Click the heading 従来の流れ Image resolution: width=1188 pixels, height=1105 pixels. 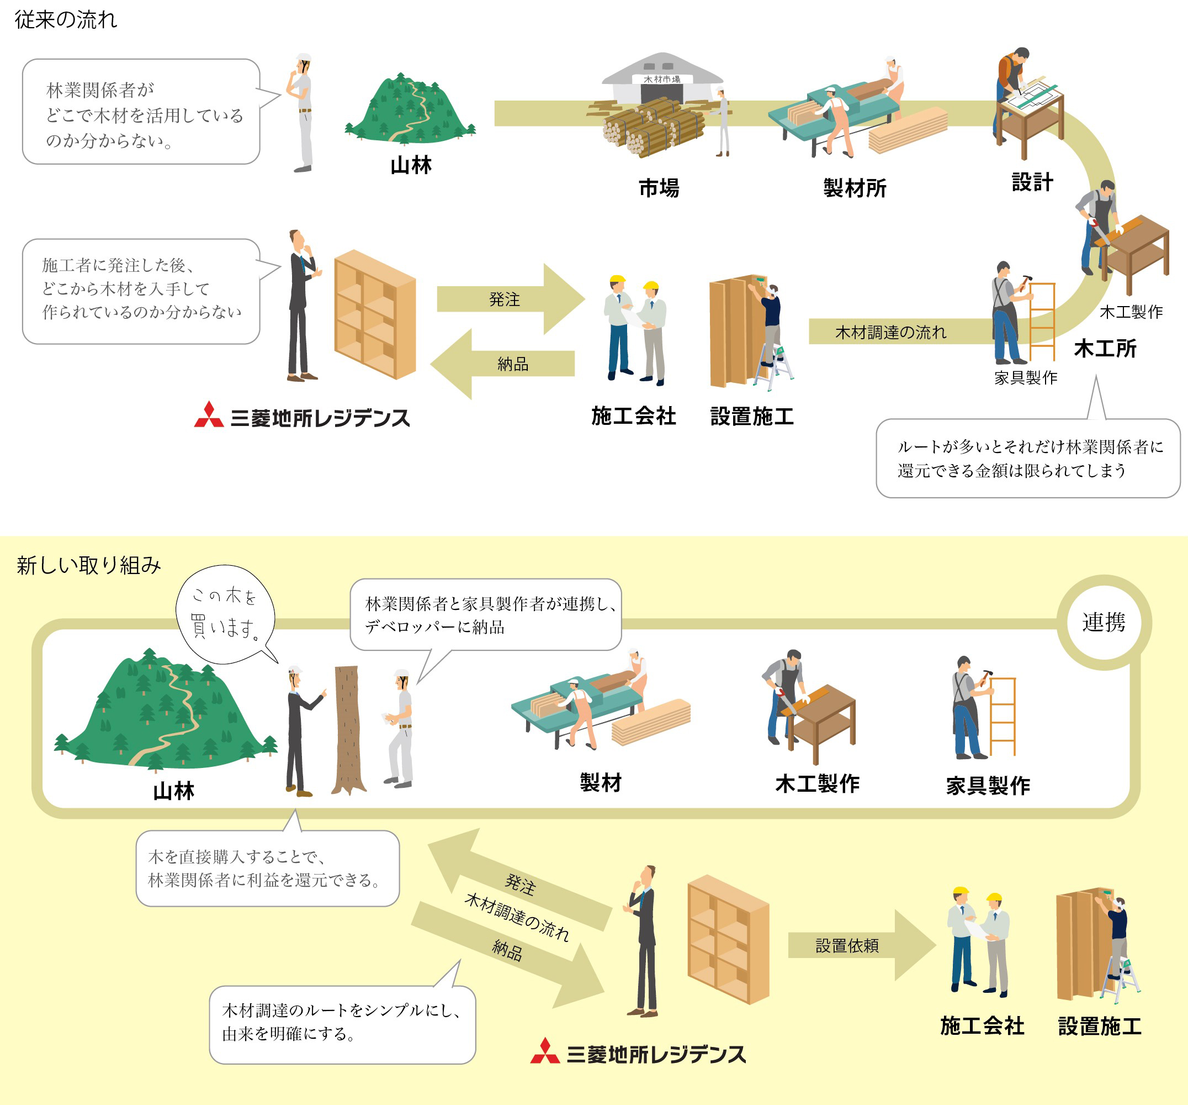66,20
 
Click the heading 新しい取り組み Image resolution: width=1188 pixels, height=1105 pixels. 88,565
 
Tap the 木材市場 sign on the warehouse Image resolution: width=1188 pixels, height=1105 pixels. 661,80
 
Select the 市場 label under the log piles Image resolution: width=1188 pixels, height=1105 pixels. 659,188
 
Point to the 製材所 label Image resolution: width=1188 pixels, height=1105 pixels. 855,188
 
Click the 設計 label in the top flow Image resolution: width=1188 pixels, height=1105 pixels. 1032,182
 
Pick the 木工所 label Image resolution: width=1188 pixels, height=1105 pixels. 1105,349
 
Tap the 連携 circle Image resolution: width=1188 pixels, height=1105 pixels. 1103,623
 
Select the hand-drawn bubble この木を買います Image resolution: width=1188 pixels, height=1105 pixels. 225,613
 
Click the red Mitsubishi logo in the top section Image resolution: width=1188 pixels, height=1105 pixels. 209,415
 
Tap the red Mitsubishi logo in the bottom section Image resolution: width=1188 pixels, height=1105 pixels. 544,1052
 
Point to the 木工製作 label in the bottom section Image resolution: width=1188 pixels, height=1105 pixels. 817,784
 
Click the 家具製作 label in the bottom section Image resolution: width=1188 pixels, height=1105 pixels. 988,786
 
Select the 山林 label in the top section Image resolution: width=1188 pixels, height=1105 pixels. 411,166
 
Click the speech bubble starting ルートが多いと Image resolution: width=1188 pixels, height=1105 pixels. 1027,459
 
